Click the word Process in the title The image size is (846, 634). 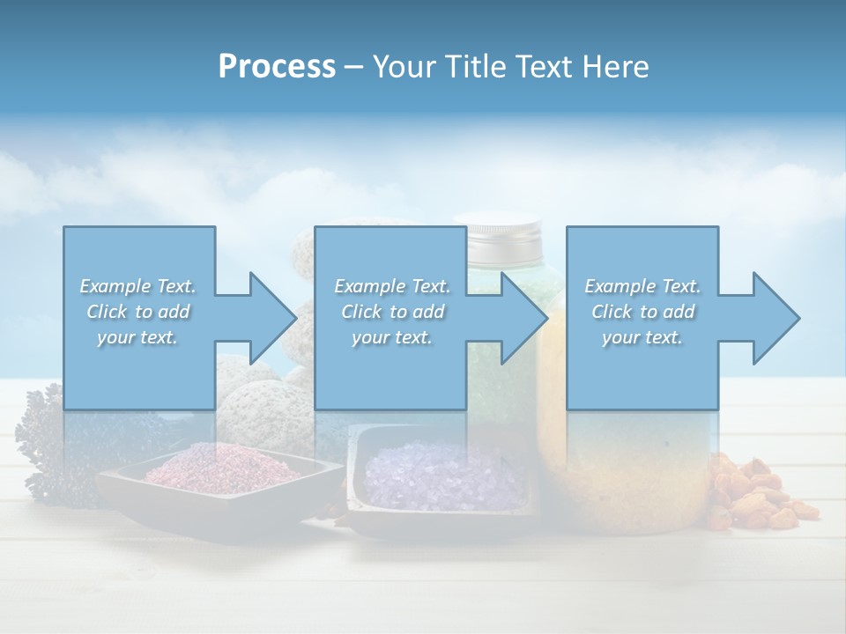(277, 67)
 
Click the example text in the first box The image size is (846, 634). (138, 312)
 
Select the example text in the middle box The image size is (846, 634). (392, 312)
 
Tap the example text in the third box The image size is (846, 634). (642, 312)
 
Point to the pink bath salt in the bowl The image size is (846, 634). (222, 465)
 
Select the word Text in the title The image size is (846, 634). (546, 67)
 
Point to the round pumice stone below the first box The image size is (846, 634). (264, 405)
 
